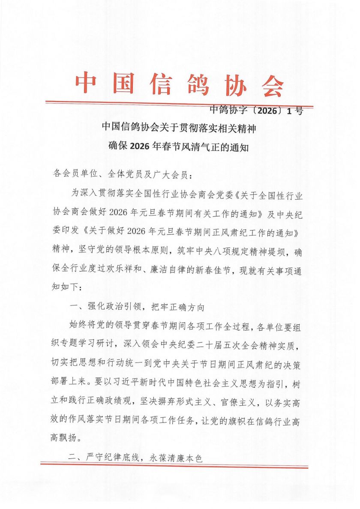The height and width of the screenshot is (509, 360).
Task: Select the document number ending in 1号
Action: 256,111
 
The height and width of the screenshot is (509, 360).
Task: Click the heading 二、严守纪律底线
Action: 135,458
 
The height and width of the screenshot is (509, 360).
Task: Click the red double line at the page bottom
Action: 174,465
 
